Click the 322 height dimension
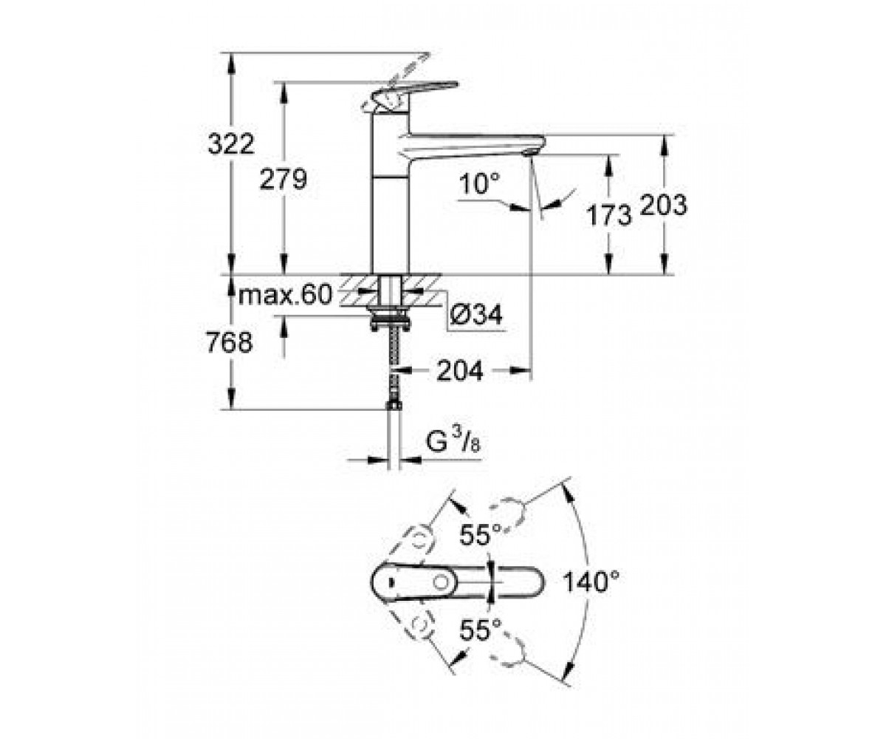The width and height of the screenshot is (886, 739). click(231, 144)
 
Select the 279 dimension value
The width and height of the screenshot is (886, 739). click(283, 179)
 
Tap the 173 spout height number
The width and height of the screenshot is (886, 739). click(609, 215)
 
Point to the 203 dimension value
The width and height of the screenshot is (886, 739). click(663, 205)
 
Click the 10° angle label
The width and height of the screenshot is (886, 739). click(479, 184)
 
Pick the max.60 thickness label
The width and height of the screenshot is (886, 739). click(285, 294)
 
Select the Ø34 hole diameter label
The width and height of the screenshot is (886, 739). click(475, 315)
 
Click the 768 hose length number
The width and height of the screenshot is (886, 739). click(229, 342)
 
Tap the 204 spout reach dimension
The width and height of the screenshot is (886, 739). click(460, 370)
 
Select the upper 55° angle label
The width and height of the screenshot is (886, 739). click(480, 535)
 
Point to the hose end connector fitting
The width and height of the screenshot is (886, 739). click(394, 405)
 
